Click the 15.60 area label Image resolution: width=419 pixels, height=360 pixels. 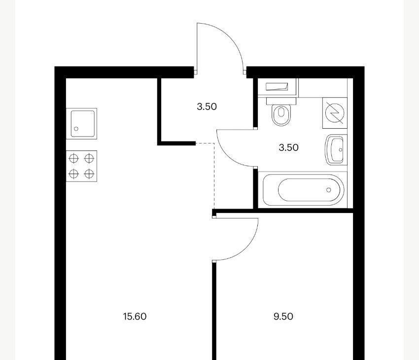(x=135, y=317)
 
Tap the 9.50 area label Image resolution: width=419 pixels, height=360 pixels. (x=283, y=317)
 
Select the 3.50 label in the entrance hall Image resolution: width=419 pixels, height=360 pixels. (x=207, y=107)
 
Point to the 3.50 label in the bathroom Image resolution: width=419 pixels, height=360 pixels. (x=288, y=147)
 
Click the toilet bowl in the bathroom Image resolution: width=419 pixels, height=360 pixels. (x=281, y=115)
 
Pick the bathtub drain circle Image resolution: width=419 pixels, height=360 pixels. (x=329, y=190)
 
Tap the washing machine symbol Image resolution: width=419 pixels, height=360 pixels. (x=335, y=113)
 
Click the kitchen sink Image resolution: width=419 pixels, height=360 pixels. (x=81, y=124)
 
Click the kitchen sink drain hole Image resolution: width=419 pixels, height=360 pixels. (x=76, y=129)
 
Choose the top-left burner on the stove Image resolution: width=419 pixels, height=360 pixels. (x=74, y=158)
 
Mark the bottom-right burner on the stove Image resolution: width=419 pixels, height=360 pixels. (x=89, y=174)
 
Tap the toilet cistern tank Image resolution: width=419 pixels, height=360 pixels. (x=281, y=101)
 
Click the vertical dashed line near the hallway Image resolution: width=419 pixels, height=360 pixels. (x=214, y=176)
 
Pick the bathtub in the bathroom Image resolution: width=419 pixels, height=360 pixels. (x=303, y=190)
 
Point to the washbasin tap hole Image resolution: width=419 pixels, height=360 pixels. (x=341, y=150)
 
